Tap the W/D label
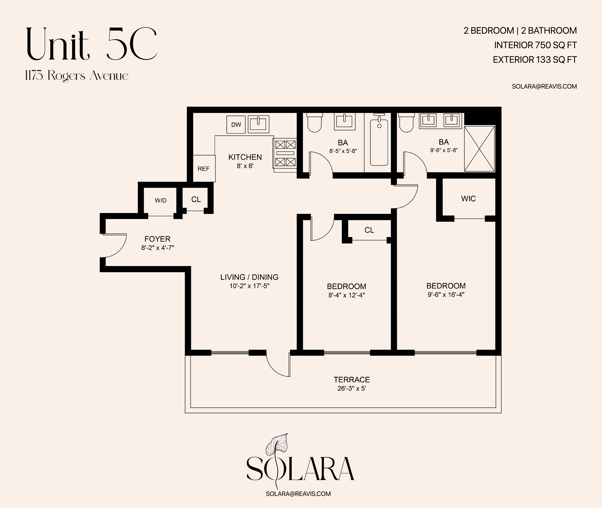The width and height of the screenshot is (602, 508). [x=161, y=200]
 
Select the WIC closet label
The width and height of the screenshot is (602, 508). [x=468, y=199]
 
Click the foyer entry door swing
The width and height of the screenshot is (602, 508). [x=115, y=245]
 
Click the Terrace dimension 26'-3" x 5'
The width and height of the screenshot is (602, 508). [x=352, y=388]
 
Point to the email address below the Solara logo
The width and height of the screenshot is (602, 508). [x=298, y=494]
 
